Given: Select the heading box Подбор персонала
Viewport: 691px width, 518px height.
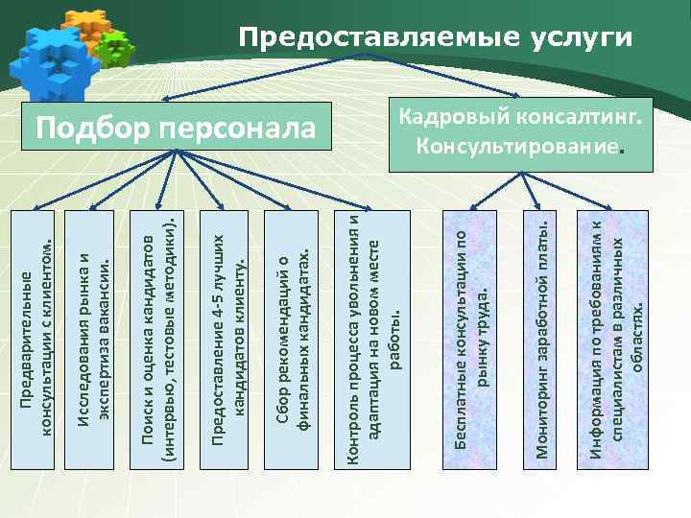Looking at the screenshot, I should [176, 129].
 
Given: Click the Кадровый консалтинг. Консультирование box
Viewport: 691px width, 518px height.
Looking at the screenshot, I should [520, 134].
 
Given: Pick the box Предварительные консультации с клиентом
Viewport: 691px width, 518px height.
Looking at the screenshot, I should [37, 340].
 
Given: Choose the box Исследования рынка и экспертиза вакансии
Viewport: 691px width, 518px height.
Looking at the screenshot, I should [92, 340].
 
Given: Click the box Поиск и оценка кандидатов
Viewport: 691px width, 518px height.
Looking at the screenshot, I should [158, 340].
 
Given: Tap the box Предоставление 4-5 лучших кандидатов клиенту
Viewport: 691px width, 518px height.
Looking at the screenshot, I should [229, 340].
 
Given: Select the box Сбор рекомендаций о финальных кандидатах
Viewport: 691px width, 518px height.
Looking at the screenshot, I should [295, 340].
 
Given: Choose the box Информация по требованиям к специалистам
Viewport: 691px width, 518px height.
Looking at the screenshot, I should [616, 340].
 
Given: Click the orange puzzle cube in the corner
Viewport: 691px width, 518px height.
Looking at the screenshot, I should [86, 28].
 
